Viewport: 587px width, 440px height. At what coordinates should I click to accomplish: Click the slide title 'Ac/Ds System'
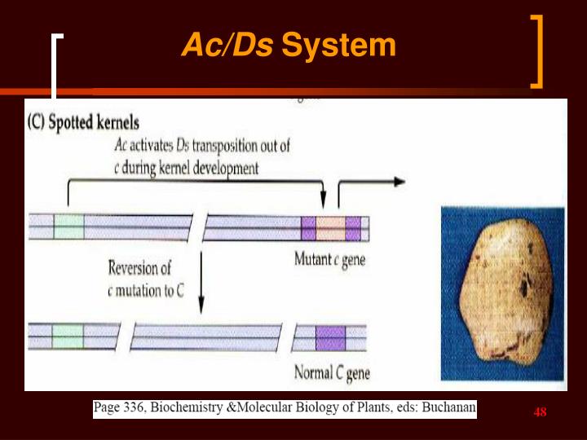(288, 46)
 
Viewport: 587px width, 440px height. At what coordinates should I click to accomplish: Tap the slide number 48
(540, 412)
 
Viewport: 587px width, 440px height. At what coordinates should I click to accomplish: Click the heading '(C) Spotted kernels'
(83, 124)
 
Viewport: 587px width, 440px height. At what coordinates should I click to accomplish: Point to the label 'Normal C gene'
(331, 374)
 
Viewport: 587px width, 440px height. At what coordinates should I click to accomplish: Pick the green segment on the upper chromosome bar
(68, 227)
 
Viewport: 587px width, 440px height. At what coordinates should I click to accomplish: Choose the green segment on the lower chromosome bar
(68, 336)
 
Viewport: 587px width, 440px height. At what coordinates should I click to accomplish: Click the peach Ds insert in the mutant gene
(330, 227)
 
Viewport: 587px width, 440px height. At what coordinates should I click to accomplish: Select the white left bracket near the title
(56, 65)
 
